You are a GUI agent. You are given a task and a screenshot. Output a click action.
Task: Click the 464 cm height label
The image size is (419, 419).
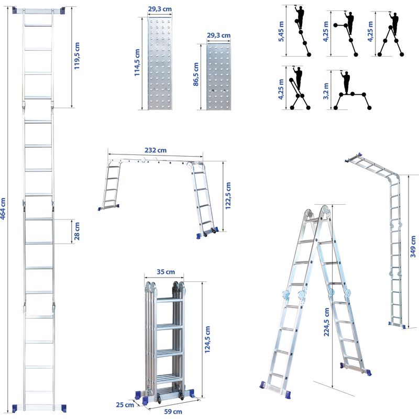click(3, 208)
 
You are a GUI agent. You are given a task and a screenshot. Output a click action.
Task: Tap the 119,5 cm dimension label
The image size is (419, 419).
click(77, 56)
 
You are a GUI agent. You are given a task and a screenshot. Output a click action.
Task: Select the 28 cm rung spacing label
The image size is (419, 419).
click(77, 231)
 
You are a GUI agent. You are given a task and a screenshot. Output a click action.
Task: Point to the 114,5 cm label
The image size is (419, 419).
click(137, 62)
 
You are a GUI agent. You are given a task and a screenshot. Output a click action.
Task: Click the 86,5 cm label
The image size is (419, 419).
click(196, 74)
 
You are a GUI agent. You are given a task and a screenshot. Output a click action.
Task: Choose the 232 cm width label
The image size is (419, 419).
click(156, 150)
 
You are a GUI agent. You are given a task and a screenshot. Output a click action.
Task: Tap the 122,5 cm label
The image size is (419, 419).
click(228, 196)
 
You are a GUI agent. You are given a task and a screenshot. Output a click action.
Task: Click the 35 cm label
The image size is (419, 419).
click(166, 272)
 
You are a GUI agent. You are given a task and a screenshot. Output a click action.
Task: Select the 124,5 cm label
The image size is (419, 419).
click(207, 339)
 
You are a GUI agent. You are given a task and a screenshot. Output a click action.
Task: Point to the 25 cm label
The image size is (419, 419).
click(125, 405)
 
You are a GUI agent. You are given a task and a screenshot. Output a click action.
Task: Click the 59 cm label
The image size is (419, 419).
click(173, 412)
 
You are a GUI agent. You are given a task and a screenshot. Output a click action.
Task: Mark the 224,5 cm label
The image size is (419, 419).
click(326, 322)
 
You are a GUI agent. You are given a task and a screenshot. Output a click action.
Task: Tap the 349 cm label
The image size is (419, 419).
click(413, 247)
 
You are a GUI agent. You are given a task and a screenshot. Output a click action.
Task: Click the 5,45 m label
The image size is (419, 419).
click(281, 31)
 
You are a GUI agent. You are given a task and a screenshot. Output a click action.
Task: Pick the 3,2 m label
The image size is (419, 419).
click(326, 91)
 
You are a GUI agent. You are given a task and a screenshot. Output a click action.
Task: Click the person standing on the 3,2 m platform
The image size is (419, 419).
click(346, 82)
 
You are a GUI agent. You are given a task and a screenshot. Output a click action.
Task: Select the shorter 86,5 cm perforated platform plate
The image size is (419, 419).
click(218, 77)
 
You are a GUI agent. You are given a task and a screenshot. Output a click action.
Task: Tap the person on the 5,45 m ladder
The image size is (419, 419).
click(300, 17)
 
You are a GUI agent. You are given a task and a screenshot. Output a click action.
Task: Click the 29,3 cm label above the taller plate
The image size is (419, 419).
click(160, 9)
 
